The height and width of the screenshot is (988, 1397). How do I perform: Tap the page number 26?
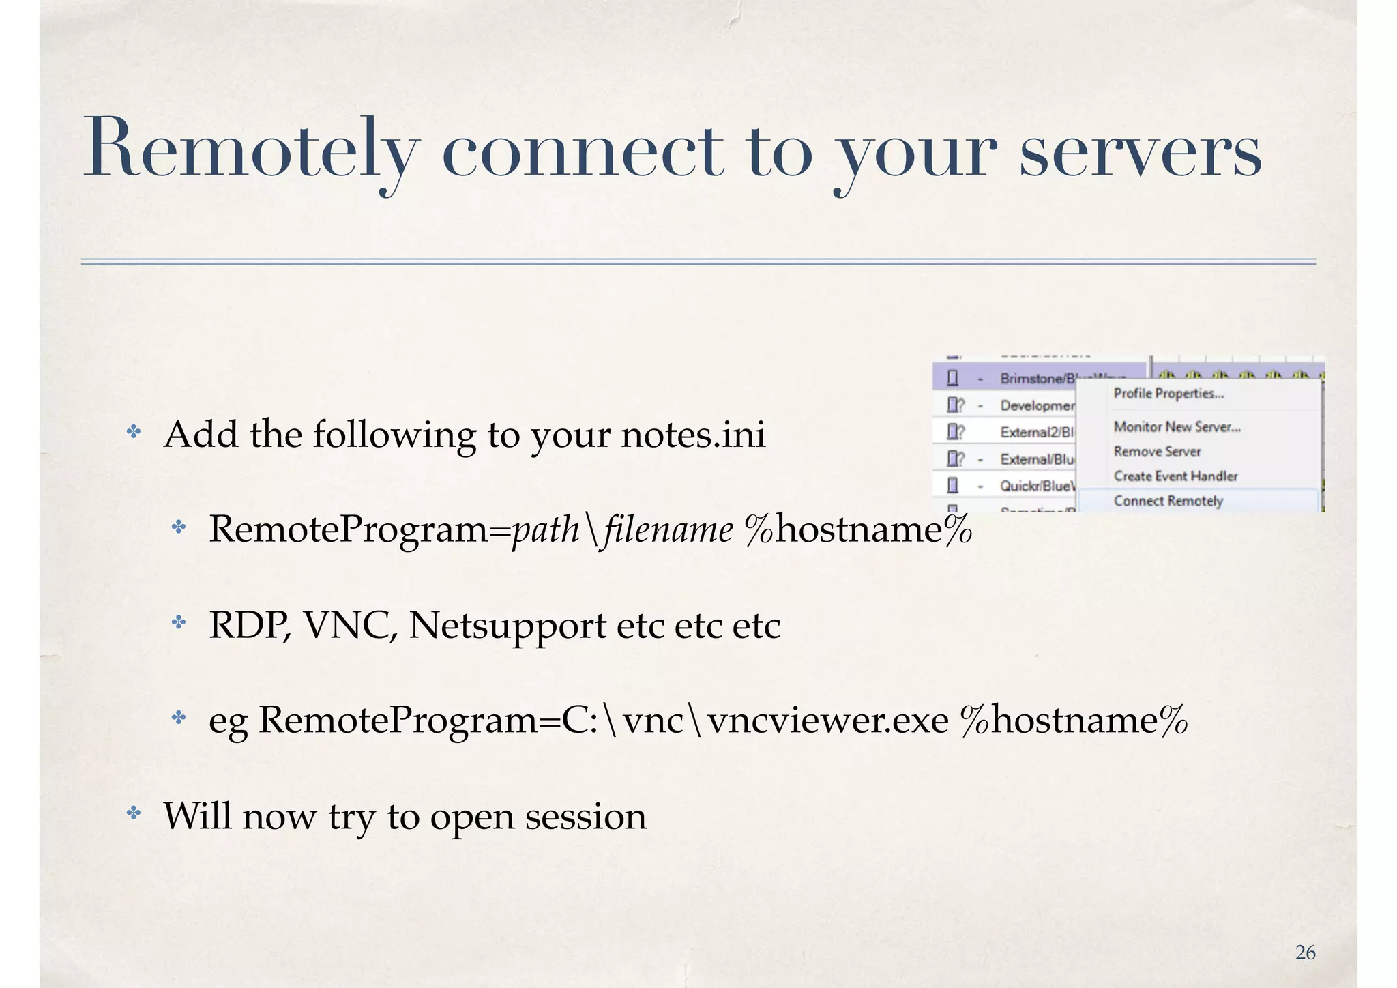pos(1305,953)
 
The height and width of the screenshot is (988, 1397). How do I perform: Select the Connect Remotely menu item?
pos(1168,501)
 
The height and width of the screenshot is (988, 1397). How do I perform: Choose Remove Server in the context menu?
pos(1157,452)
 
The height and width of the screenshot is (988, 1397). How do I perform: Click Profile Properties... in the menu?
pos(1168,394)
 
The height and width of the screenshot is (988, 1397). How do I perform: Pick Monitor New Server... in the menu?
pos(1177,426)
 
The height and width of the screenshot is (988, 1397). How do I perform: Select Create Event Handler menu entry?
pos(1175,476)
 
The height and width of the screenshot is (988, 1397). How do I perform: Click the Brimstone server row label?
pos(1037,379)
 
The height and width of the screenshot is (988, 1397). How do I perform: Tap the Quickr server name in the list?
pos(1037,486)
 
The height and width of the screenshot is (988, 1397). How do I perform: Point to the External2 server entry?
pos(1037,433)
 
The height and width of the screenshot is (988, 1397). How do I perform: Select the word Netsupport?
pos(508,625)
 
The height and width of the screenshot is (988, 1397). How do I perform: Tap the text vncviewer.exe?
pos(827,721)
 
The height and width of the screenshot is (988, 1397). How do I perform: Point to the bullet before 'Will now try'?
pos(134,813)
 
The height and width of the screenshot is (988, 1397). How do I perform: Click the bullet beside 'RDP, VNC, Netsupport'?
pos(179,622)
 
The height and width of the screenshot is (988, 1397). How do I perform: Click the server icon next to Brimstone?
pos(953,379)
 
